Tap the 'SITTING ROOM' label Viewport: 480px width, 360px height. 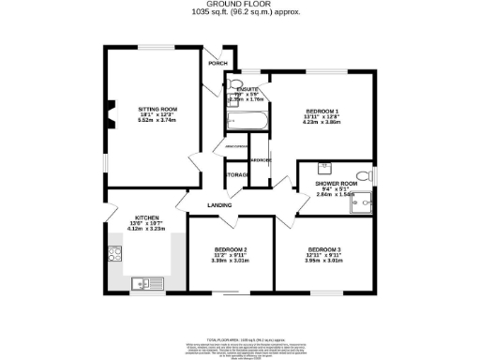click(152, 109)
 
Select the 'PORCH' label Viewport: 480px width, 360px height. click(218, 64)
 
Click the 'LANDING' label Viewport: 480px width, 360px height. click(220, 204)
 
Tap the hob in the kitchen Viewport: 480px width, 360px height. click(116, 252)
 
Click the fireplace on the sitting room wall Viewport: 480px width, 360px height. click(111, 112)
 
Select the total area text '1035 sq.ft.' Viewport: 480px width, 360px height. click(216, 13)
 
